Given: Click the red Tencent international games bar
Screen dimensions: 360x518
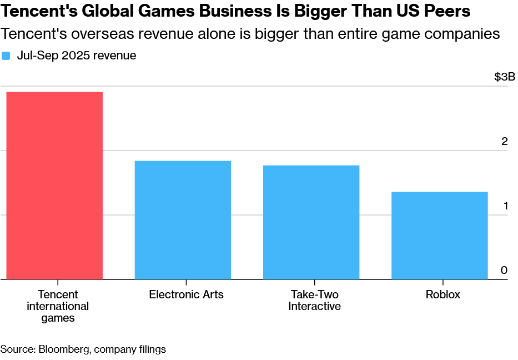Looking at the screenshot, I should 54,186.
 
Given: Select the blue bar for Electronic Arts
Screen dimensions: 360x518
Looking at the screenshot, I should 183,220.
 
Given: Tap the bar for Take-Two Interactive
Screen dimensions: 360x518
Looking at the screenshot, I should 311,222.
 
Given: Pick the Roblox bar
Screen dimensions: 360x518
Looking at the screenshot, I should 439,236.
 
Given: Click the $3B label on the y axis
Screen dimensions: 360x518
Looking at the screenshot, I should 504,77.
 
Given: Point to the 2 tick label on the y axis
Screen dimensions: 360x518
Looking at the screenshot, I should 504,141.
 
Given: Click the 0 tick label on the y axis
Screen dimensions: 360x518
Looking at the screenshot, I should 504,270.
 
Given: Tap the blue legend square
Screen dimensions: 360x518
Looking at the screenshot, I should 6,56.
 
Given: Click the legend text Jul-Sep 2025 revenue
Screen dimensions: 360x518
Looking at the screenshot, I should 77,56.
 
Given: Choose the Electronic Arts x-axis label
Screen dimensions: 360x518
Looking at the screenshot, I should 186,294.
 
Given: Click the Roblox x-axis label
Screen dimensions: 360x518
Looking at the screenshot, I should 442,294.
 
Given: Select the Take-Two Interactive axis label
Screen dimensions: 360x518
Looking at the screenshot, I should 314,301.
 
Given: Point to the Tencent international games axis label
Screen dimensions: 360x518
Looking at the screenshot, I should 58,306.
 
